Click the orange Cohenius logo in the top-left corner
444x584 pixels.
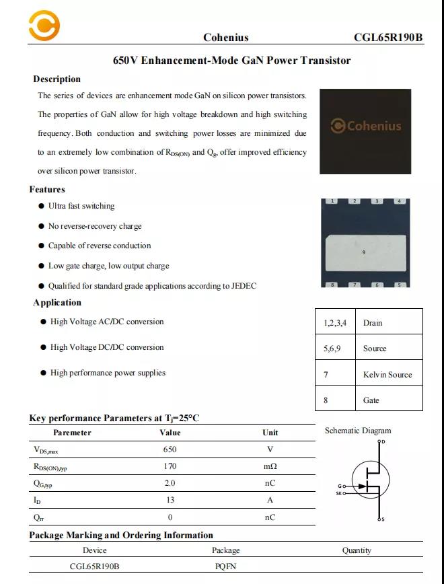tap(44, 26)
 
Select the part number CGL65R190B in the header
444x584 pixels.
tap(388, 38)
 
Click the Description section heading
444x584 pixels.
tap(57, 79)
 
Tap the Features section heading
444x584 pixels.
tap(47, 190)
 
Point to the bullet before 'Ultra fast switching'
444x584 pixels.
tap(42, 207)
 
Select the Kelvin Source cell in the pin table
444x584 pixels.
tap(387, 375)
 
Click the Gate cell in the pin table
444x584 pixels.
tap(371, 400)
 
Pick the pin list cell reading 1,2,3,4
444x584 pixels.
tap(335, 323)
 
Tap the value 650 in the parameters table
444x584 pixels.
tap(170, 449)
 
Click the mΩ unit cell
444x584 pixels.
tap(270, 466)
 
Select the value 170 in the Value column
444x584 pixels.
tap(170, 466)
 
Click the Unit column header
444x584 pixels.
tap(270, 433)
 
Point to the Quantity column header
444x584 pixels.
tap(357, 550)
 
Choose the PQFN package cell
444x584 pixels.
tap(226, 567)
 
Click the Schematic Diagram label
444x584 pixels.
tap(358, 431)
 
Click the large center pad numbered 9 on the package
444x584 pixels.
tap(363, 252)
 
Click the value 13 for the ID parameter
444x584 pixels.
tap(170, 500)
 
